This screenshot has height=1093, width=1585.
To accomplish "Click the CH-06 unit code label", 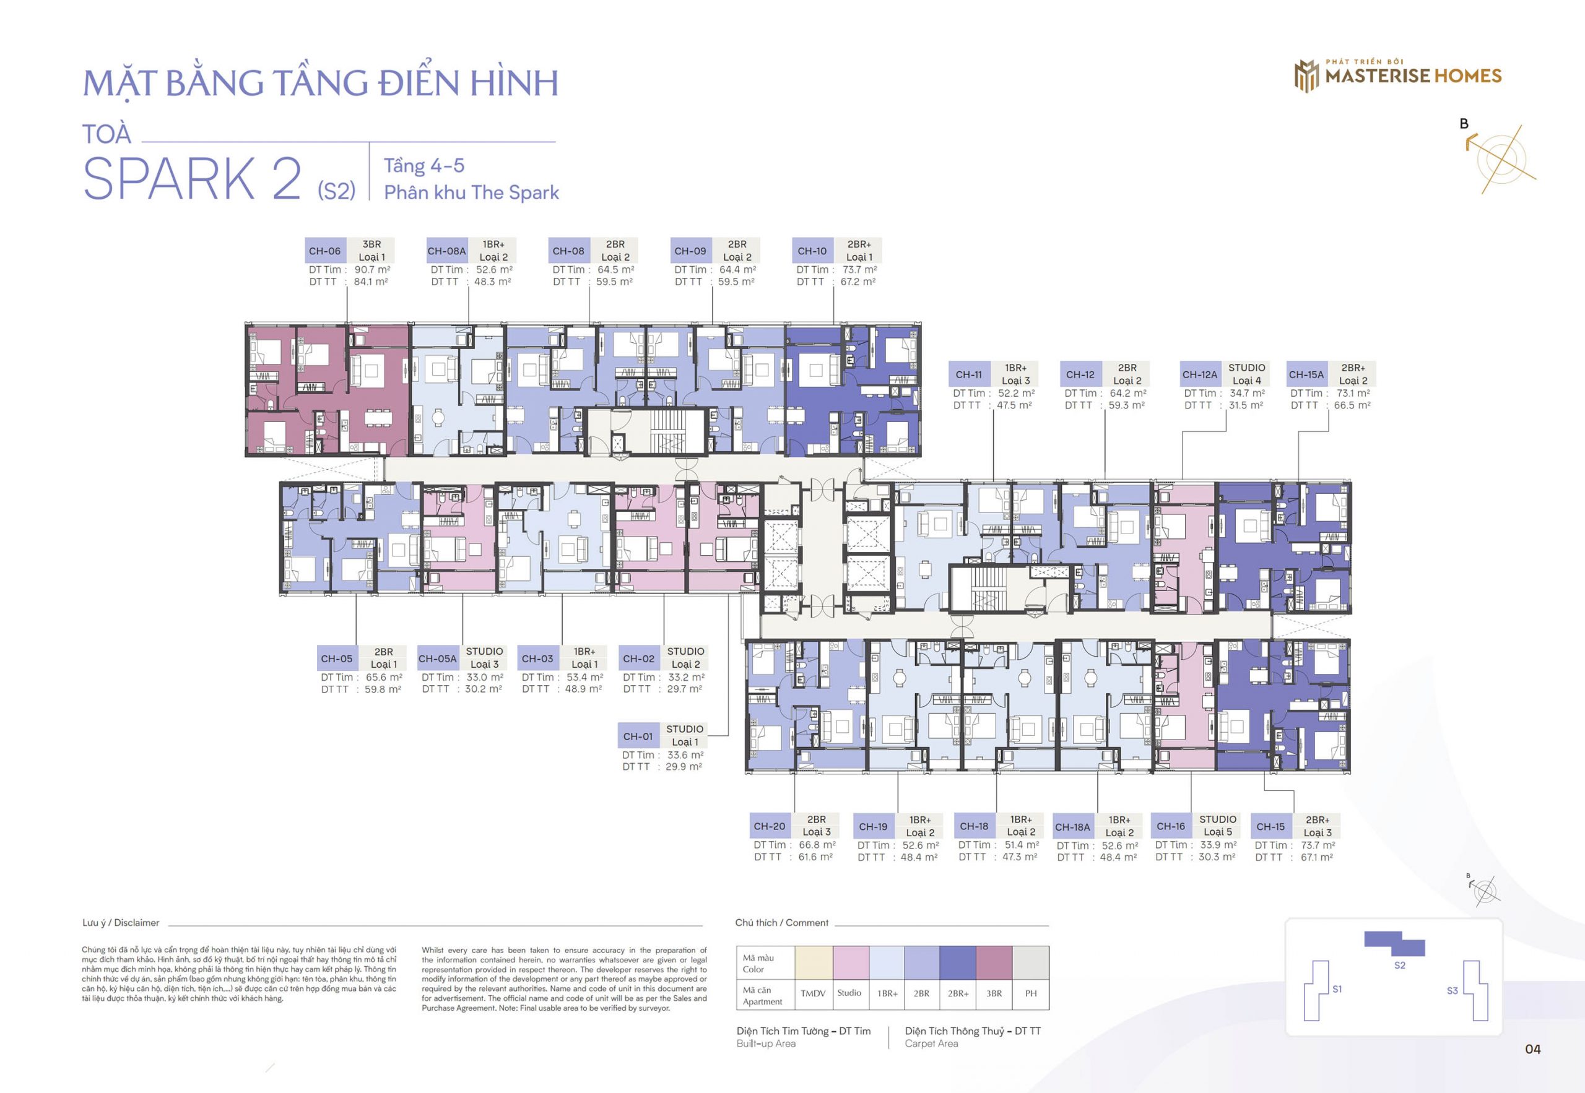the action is [x=324, y=251].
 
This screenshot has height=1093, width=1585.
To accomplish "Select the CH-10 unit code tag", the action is [x=812, y=251].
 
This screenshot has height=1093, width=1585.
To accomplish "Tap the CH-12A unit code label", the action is [x=1200, y=374].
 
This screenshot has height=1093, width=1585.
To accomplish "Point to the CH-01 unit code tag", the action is [x=638, y=737].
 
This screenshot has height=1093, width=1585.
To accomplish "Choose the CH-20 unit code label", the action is [x=769, y=826].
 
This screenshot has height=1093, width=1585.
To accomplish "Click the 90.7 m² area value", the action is [x=372, y=270].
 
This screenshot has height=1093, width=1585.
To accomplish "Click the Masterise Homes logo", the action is [x=1397, y=75].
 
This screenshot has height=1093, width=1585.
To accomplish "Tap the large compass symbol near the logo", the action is [x=1500, y=159].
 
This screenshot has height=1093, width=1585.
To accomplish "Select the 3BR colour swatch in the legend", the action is [x=994, y=962].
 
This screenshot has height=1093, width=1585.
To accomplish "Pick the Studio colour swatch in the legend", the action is [x=851, y=962].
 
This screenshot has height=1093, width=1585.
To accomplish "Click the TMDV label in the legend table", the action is [x=813, y=993].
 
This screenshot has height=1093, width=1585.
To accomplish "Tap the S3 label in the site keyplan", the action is [x=1452, y=990].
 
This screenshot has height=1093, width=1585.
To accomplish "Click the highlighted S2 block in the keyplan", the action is [x=1394, y=944].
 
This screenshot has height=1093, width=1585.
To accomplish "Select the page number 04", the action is [x=1533, y=1049].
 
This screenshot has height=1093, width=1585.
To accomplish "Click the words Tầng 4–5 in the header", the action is [x=424, y=166].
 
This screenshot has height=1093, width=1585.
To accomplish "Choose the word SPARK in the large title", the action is [x=168, y=178].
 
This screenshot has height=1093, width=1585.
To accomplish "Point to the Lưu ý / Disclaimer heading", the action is [x=121, y=922].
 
